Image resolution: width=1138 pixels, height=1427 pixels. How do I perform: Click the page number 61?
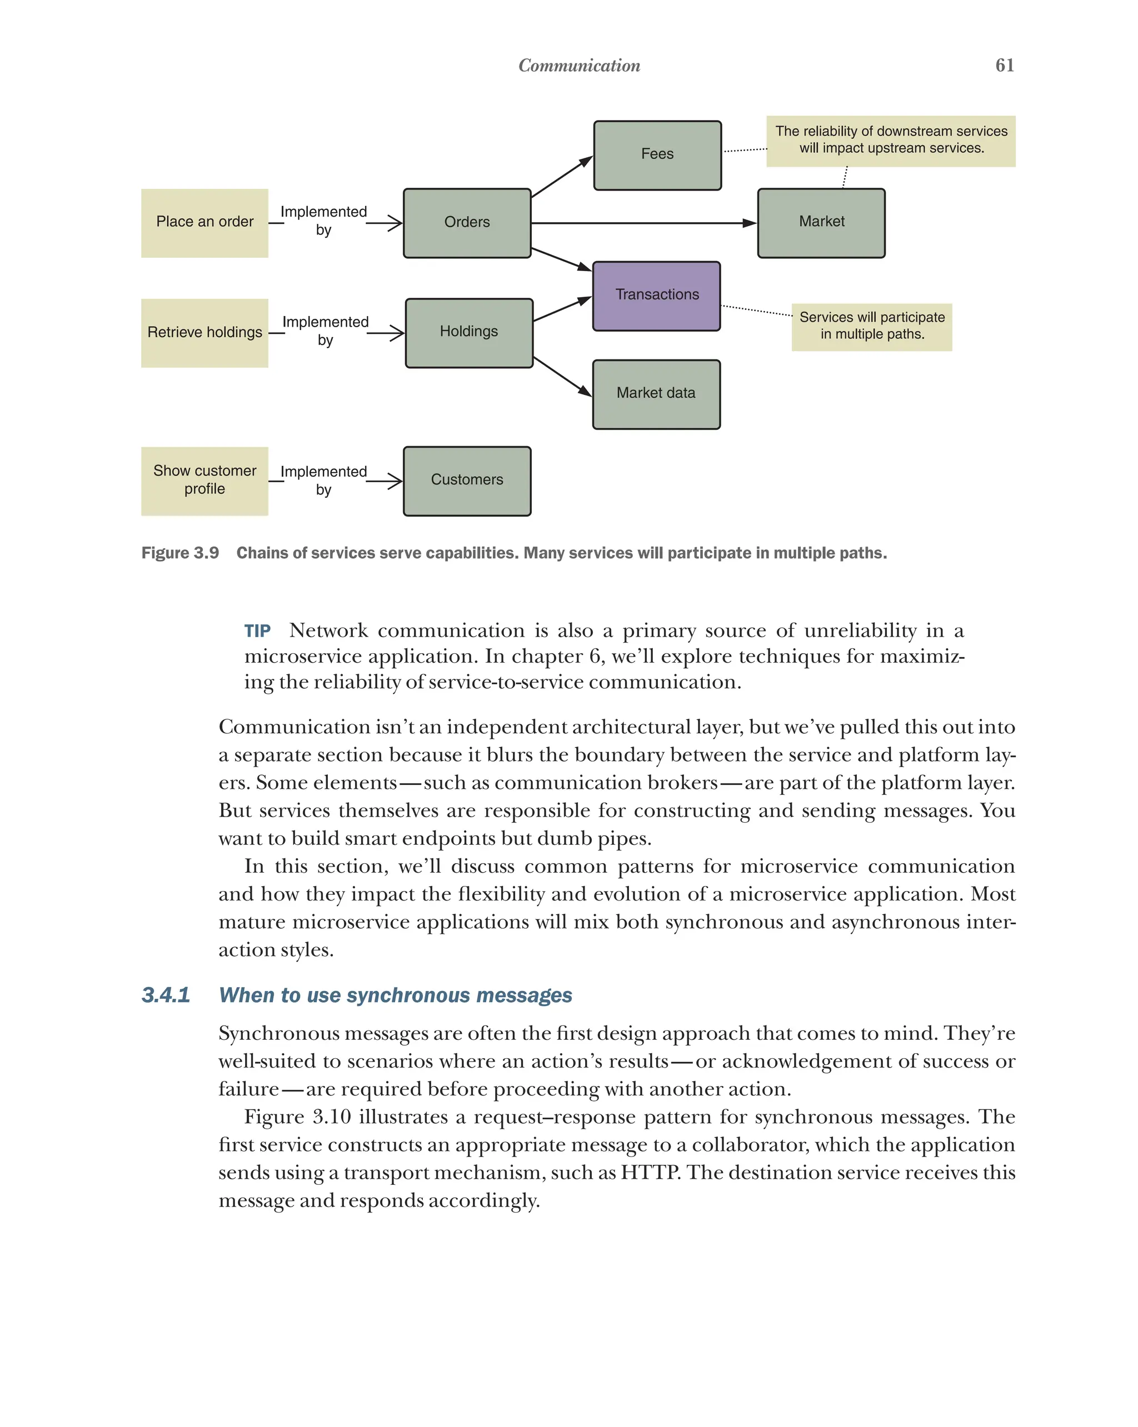click(1004, 65)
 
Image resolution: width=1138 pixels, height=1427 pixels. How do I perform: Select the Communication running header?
click(578, 66)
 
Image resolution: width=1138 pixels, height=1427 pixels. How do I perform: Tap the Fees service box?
click(657, 155)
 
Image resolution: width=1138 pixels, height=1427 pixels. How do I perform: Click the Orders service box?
click(467, 223)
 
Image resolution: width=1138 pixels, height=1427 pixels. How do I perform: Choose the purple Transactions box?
click(656, 296)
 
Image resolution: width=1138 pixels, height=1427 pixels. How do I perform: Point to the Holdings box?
click(469, 332)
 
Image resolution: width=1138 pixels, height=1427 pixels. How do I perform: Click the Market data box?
click(656, 394)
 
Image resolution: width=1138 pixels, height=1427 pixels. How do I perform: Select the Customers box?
click(467, 480)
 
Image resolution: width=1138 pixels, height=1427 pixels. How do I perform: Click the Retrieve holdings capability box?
click(204, 332)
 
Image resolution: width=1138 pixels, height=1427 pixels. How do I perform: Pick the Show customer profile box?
click(204, 480)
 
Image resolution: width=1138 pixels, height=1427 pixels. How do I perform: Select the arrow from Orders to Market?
click(642, 223)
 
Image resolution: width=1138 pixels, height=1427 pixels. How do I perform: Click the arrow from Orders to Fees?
click(561, 177)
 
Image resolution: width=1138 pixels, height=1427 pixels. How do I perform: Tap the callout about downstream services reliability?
click(890, 141)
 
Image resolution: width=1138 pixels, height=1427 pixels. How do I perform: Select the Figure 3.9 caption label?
click(180, 553)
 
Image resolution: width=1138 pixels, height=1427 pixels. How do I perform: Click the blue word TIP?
click(257, 631)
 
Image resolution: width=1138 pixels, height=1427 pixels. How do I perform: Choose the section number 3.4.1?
click(166, 995)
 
